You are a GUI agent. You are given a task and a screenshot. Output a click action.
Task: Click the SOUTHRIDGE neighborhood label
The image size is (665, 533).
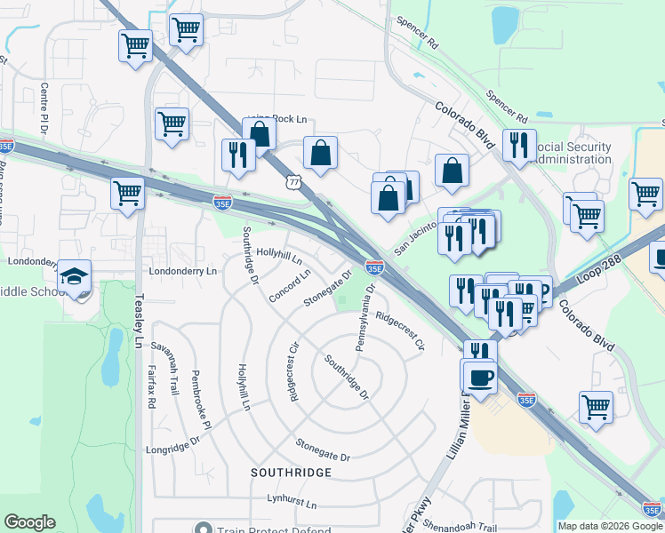(291, 471)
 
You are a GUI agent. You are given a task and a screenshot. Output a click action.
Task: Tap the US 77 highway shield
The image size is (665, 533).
(293, 181)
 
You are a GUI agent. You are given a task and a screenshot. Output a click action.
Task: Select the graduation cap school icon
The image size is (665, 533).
(75, 278)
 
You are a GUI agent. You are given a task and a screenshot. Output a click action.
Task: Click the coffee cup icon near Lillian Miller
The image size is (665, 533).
(480, 378)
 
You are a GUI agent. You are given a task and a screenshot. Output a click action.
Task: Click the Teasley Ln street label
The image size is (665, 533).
(139, 320)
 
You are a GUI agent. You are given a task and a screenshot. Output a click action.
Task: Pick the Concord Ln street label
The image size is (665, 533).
(290, 284)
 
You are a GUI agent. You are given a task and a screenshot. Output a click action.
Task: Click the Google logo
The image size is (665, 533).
(29, 522)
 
